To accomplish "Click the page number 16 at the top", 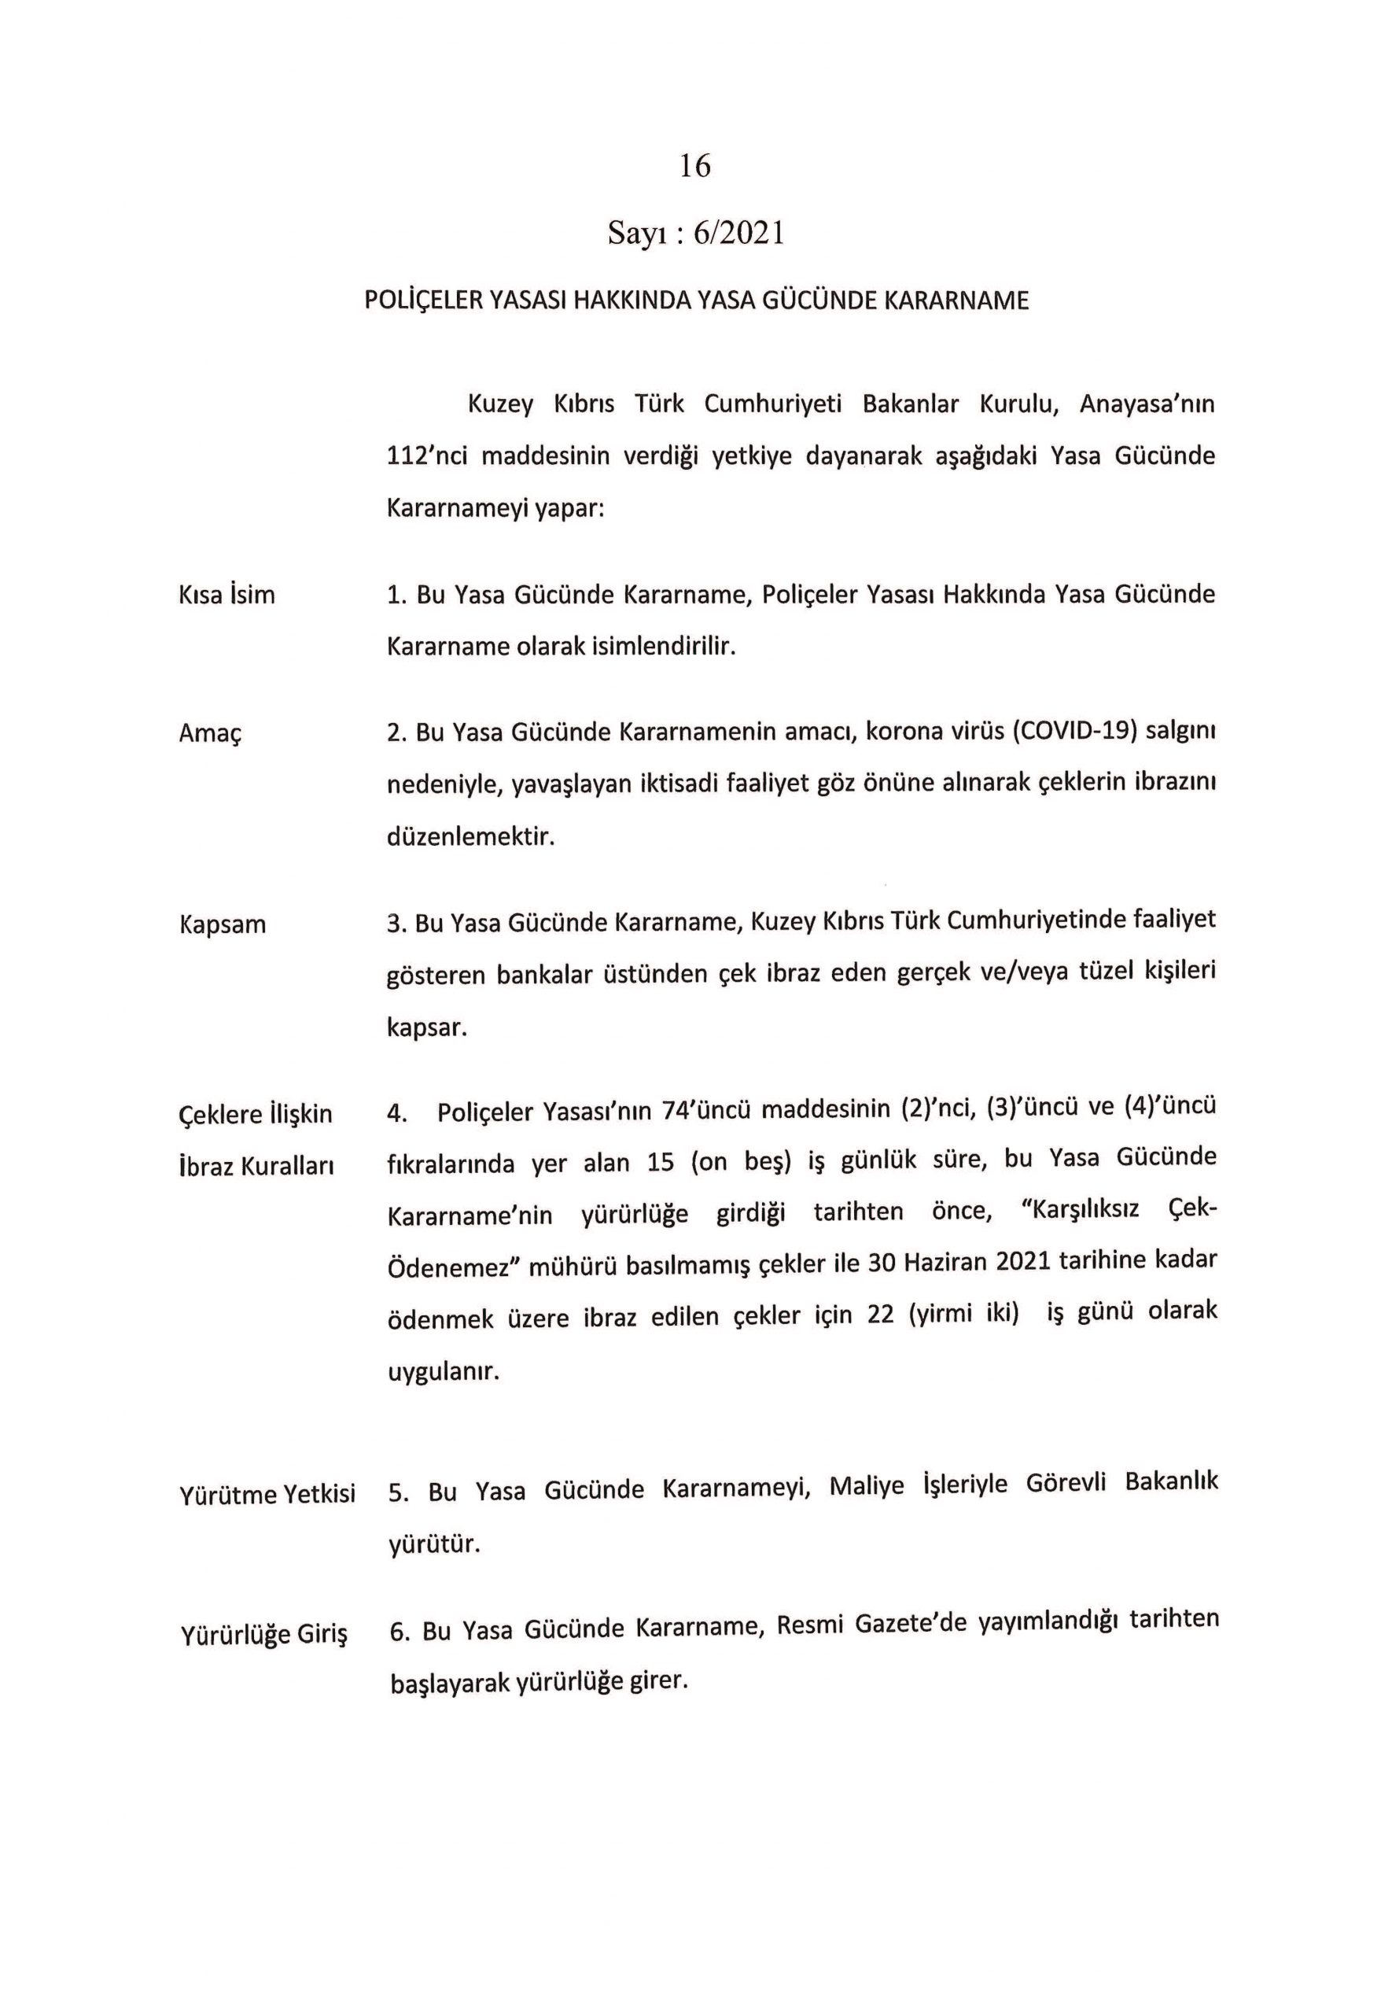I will (695, 166).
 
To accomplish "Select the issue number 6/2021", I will (738, 234).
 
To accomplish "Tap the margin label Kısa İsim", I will (226, 596).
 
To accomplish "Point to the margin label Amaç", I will (209, 733).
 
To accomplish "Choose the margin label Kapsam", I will (223, 924).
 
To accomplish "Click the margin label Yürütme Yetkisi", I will (267, 1495).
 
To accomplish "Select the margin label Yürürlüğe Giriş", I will (264, 1635).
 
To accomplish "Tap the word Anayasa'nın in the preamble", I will (1147, 404).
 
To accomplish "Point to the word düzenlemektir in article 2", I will (471, 837).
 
